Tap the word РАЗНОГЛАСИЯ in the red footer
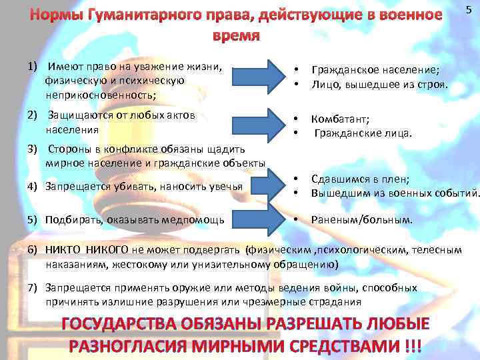149,347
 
